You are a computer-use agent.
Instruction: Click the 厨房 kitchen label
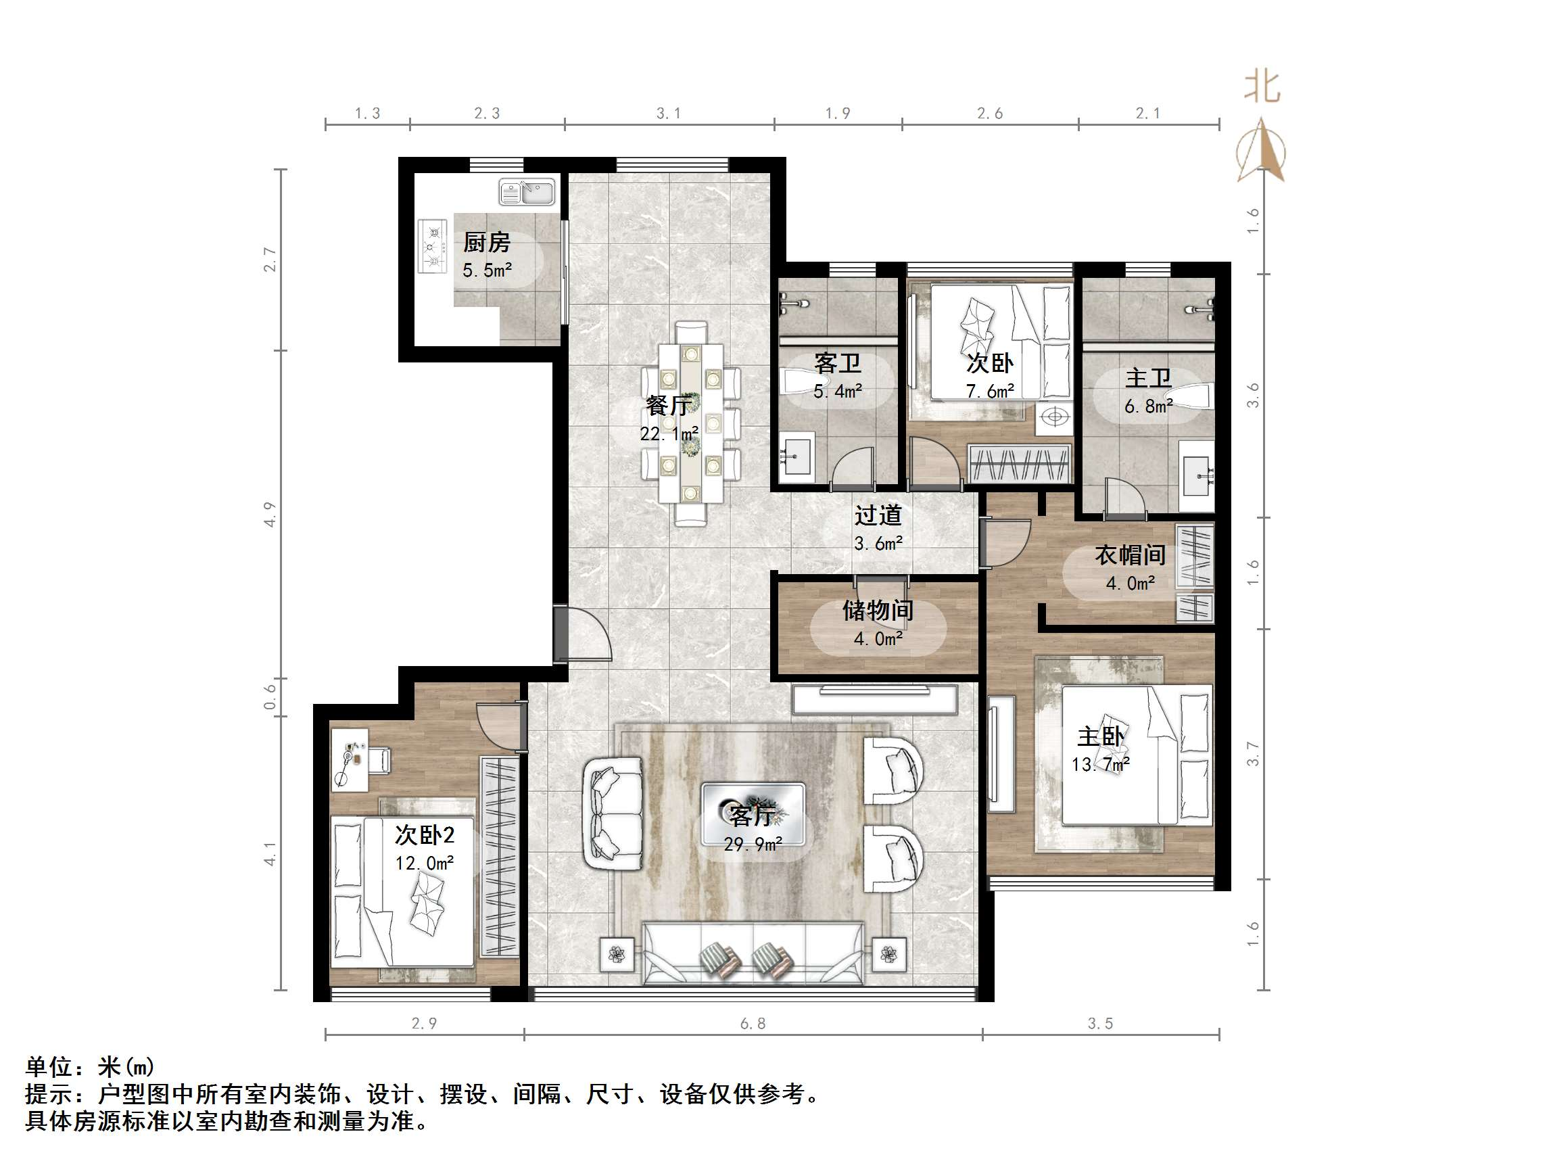click(487, 243)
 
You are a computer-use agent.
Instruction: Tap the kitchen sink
click(527, 192)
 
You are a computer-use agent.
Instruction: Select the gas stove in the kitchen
click(432, 246)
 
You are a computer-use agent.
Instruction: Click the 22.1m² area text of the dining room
click(669, 434)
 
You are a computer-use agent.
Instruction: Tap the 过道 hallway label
click(878, 515)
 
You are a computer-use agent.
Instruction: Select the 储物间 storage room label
click(878, 611)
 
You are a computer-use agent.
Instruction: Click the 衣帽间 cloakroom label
click(1129, 554)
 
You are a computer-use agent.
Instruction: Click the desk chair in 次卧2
click(379, 760)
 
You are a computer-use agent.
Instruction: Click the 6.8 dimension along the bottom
click(753, 1024)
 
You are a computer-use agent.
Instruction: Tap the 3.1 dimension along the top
click(668, 113)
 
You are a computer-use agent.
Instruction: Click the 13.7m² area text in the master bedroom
click(1100, 765)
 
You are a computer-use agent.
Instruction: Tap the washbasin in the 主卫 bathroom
click(1197, 476)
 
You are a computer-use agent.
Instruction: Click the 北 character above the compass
click(1262, 87)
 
